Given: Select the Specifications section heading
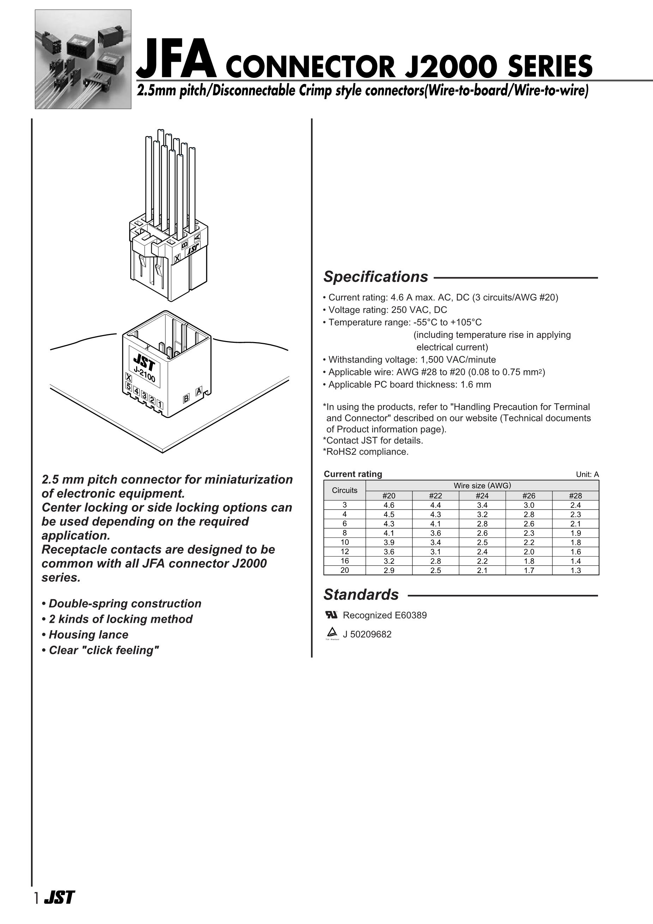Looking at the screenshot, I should click(x=376, y=277).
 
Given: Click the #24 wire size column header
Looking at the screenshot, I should click(x=482, y=496).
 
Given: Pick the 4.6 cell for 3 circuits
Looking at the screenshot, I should click(x=389, y=505).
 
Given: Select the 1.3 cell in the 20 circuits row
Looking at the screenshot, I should click(x=575, y=570).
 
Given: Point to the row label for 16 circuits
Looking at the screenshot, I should click(x=345, y=561).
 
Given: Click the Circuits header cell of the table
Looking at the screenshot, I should click(x=345, y=490).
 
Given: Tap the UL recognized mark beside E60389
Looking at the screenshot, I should click(x=331, y=615).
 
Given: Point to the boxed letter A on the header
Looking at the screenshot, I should click(x=199, y=391).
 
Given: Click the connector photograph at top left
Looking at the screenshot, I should click(x=83, y=59).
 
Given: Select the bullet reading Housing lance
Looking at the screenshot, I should click(x=88, y=635).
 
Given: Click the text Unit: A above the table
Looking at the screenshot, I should click(x=587, y=474).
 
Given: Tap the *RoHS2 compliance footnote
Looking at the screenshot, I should click(x=365, y=451).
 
